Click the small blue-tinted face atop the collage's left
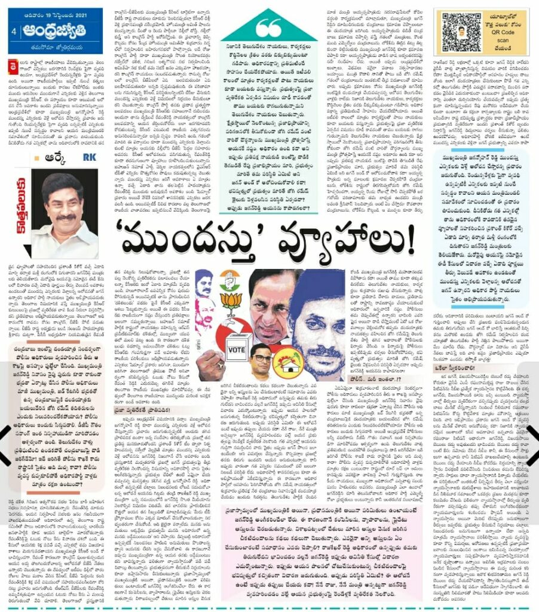pos(205,280)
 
